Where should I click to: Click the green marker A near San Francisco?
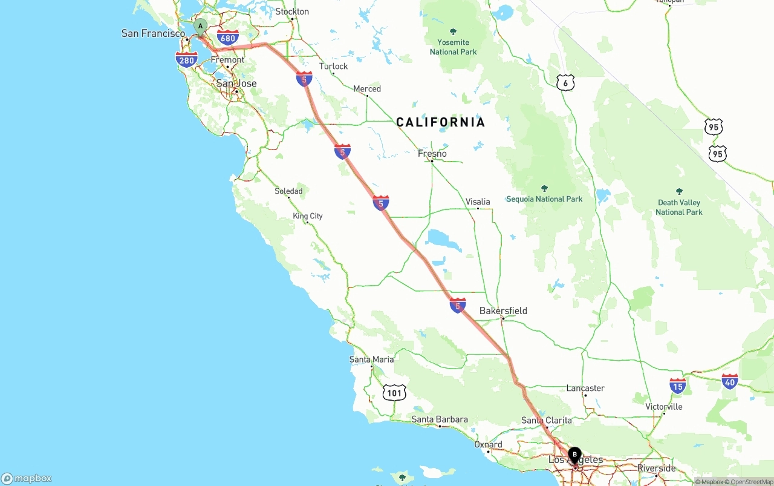(x=200, y=26)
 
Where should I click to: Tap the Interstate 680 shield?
(x=227, y=38)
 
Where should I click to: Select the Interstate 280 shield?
(x=186, y=59)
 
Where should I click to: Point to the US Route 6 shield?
(x=565, y=83)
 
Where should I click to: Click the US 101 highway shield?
(x=394, y=393)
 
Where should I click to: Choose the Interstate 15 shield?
(x=677, y=386)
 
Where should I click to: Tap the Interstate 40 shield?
(x=730, y=381)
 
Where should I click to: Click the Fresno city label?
(x=432, y=154)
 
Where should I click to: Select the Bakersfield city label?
(x=503, y=311)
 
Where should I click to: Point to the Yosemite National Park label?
(x=454, y=47)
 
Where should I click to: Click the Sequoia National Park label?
(x=544, y=199)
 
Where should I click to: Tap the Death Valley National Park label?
(x=679, y=207)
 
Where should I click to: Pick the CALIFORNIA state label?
(x=440, y=122)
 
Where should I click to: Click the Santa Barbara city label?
(x=440, y=419)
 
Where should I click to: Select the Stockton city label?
(x=292, y=11)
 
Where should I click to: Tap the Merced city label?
(x=367, y=89)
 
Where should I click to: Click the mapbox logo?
(x=27, y=478)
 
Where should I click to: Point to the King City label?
(x=308, y=216)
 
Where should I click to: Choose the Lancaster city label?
(x=585, y=389)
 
